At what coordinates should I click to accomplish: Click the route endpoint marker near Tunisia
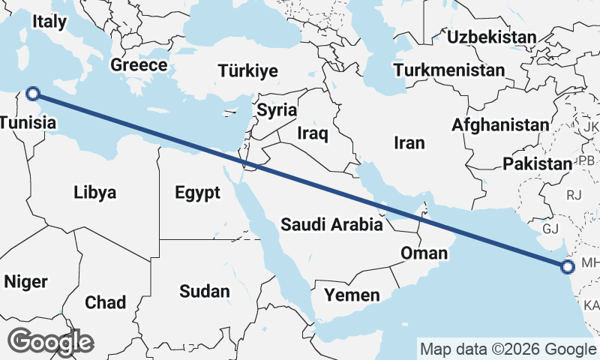tap(32, 94)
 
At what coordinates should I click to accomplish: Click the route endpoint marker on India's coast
tap(567, 265)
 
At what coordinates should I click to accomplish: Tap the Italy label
tap(49, 22)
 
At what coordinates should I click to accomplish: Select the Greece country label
tap(139, 65)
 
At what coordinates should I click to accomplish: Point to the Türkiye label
tap(248, 71)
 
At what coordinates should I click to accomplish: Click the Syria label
tap(277, 110)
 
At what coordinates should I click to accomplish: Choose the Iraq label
tap(313, 133)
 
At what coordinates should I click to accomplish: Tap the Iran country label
tap(409, 142)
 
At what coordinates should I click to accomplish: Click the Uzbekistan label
tap(491, 37)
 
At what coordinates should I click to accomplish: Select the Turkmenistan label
tap(449, 70)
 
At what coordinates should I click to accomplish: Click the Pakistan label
tap(538, 164)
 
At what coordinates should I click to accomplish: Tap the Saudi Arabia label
tap(332, 223)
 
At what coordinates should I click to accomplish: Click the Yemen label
tap(352, 295)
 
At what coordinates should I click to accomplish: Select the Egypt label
tap(198, 193)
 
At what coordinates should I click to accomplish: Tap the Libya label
tap(95, 193)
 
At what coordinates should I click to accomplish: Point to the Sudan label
tap(205, 291)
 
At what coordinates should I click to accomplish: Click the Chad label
tap(106, 302)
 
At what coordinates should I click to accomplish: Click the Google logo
tap(50, 342)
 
